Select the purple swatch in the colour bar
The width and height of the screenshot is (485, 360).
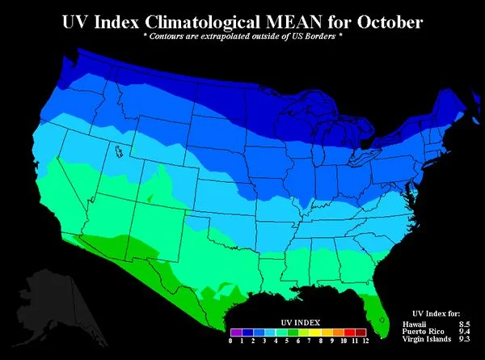[x=234, y=332]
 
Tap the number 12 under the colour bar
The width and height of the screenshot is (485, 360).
[x=365, y=341]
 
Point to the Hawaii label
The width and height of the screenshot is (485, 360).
[x=413, y=324]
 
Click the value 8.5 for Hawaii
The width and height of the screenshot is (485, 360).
[x=463, y=324]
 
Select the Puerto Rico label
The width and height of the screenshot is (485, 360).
[x=421, y=332]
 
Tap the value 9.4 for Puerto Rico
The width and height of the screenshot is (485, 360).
[x=463, y=332]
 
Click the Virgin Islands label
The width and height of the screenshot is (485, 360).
[x=425, y=340]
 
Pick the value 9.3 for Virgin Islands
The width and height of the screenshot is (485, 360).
[x=463, y=340]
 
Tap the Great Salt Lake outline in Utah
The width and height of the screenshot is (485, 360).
[x=119, y=151]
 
